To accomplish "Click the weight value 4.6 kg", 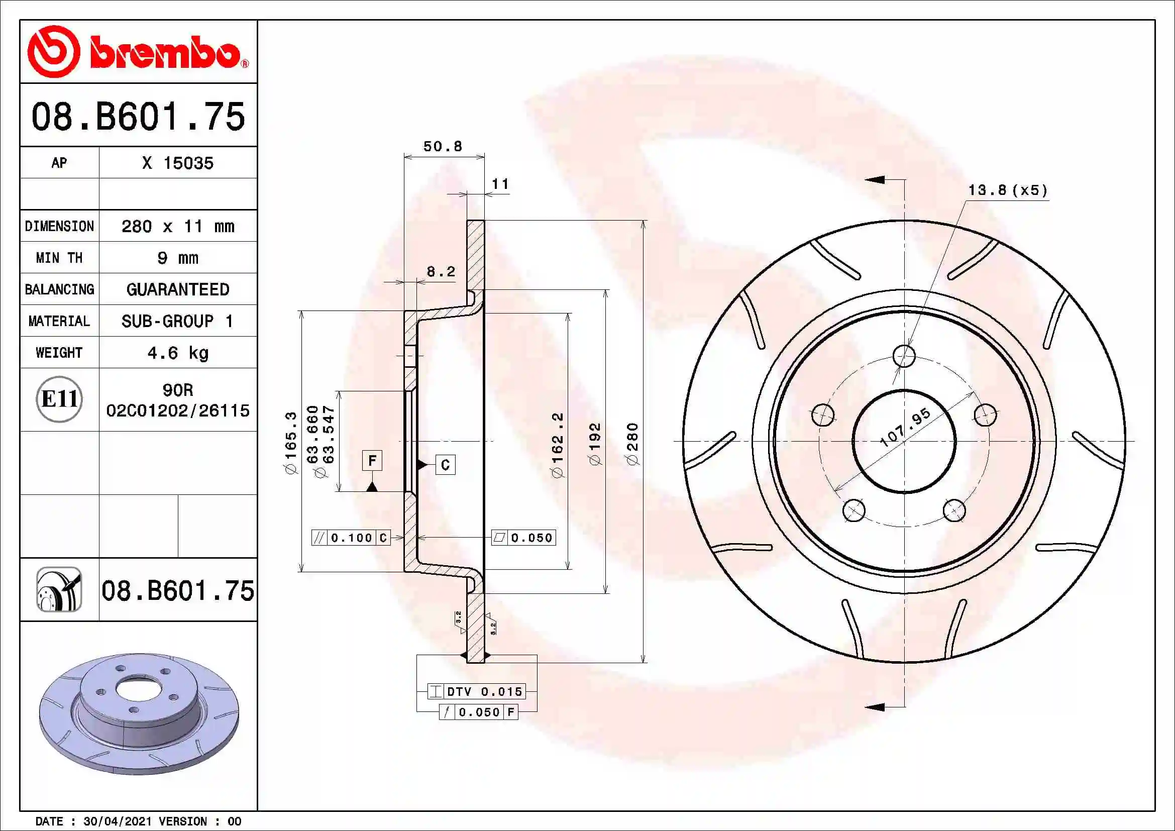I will tap(177, 353).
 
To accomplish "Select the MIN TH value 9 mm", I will tap(177, 258).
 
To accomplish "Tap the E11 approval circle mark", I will tap(59, 399).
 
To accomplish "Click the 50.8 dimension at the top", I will tap(443, 146).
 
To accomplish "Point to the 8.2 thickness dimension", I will tap(441, 272).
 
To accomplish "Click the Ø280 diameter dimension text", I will tap(633, 444).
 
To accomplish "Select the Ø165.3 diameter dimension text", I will tap(291, 443).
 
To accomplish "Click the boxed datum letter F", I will tap(372, 461).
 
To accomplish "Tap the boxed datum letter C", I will tap(445, 465).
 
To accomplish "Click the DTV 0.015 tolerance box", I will tap(476, 691).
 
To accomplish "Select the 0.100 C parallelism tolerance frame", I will tap(351, 538).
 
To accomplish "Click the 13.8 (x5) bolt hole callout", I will tap(1008, 190).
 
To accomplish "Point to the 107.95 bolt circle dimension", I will tap(905, 427).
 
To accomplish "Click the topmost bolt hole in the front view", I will tap(904, 356).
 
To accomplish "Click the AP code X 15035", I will tap(177, 163).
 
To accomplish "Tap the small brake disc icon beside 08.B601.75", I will tap(59, 589).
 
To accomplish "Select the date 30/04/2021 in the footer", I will tap(117, 821).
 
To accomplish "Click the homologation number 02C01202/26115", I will tap(177, 410).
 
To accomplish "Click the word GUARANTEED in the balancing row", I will tap(177, 289).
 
